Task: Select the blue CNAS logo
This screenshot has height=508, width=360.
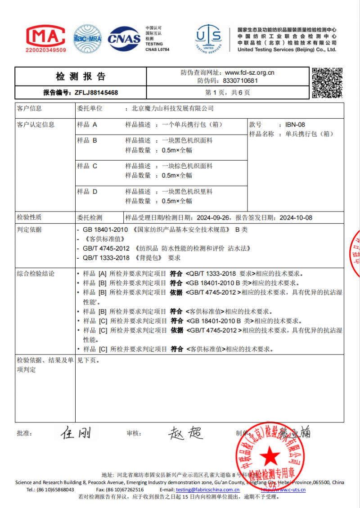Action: coord(124,38)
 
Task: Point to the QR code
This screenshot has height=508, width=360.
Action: coord(327,82)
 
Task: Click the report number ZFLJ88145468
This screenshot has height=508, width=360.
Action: coord(96,92)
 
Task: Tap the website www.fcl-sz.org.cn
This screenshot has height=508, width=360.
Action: coord(249,72)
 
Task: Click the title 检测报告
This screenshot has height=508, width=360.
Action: coord(81,76)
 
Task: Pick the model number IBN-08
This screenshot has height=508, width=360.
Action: coord(295,124)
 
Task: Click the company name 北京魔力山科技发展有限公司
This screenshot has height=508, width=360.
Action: coord(172,108)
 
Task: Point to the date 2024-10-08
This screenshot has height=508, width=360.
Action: coord(296,217)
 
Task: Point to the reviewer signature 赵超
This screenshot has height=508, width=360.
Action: coord(185,433)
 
